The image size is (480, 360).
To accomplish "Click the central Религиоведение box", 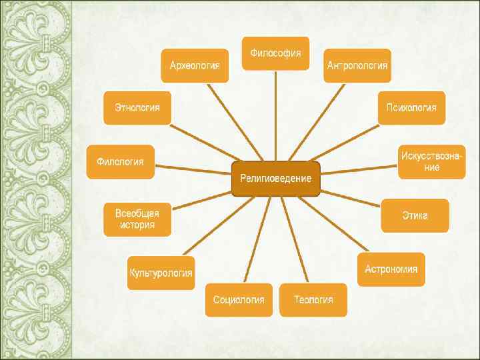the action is point(275,179).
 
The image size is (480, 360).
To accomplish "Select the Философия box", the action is point(275,53).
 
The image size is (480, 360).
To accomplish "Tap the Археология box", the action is point(195,65).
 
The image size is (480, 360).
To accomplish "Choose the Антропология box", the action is point(357,65).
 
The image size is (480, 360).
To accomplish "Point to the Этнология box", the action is point(137,107).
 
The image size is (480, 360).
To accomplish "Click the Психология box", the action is point(411,107).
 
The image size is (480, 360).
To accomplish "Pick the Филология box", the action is point(120,161).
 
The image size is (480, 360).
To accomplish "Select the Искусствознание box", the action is point(431,161).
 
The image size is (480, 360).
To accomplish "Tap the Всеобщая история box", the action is point(137,219).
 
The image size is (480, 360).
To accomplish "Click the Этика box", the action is point(415,215).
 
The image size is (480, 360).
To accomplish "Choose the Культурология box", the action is point(161,273).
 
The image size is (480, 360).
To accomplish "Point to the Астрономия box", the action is point(391,269).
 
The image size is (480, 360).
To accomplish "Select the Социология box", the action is point(238,299).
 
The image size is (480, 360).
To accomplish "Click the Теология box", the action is point(313,299).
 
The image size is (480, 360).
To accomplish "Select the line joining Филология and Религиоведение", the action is point(193,169).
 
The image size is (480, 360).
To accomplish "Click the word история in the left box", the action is point(137,225).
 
